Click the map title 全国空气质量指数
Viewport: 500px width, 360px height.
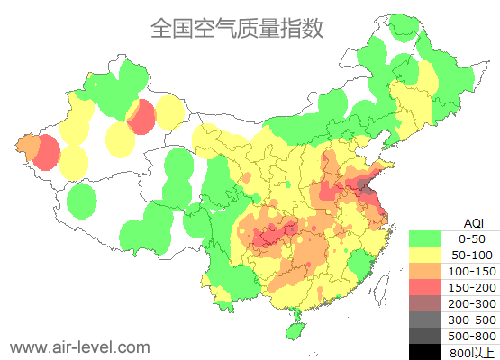coord(236,29)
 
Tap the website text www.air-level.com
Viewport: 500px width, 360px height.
coord(79,346)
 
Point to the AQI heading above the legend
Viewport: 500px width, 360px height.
coord(473,222)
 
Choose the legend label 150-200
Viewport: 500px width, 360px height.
coord(471,287)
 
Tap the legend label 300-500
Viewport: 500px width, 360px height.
coord(471,319)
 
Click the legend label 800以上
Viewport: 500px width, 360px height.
coord(471,352)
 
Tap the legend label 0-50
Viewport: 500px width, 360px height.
coord(471,238)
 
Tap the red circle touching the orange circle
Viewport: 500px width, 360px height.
coord(47,152)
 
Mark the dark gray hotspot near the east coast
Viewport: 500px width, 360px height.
coord(365,186)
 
